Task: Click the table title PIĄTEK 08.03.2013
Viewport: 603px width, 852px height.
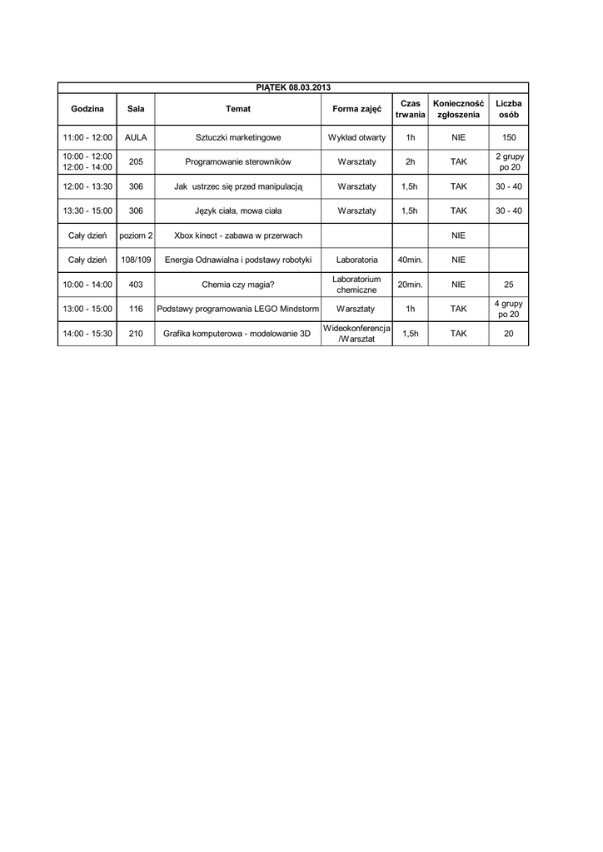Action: tap(292, 87)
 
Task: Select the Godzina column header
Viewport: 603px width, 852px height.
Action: tap(87, 109)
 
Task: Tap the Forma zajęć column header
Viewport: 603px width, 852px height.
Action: tap(356, 109)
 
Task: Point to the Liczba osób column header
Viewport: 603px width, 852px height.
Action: tap(508, 109)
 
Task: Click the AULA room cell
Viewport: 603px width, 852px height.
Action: tap(136, 137)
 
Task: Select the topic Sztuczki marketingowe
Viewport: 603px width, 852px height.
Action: tap(237, 137)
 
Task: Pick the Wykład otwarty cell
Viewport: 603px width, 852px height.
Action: tap(356, 137)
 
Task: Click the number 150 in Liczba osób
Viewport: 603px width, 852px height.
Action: tap(508, 137)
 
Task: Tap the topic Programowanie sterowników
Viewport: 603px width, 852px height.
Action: tap(237, 162)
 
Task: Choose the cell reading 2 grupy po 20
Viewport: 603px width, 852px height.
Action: tap(508, 162)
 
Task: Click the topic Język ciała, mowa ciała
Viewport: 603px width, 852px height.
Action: tap(237, 211)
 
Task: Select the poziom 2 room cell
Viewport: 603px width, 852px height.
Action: tap(136, 236)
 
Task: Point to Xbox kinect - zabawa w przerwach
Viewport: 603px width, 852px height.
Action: tap(237, 236)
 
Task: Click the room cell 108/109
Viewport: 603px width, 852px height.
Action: tap(136, 260)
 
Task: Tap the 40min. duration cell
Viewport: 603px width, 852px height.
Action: tap(410, 260)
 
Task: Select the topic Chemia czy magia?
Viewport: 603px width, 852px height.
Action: tap(237, 285)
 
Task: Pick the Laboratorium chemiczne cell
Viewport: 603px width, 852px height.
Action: tap(356, 285)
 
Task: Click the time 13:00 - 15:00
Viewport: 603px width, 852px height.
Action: tap(87, 310)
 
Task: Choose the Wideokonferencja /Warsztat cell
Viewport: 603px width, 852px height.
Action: tap(356, 334)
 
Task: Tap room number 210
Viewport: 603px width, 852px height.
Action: tap(136, 334)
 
